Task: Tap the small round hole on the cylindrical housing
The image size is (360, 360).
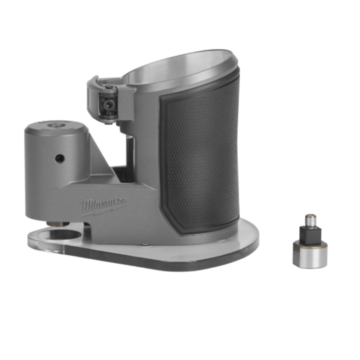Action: coord(59,158)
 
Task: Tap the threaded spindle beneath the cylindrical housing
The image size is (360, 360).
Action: coord(58,223)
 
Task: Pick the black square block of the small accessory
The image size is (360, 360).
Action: coord(310,234)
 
